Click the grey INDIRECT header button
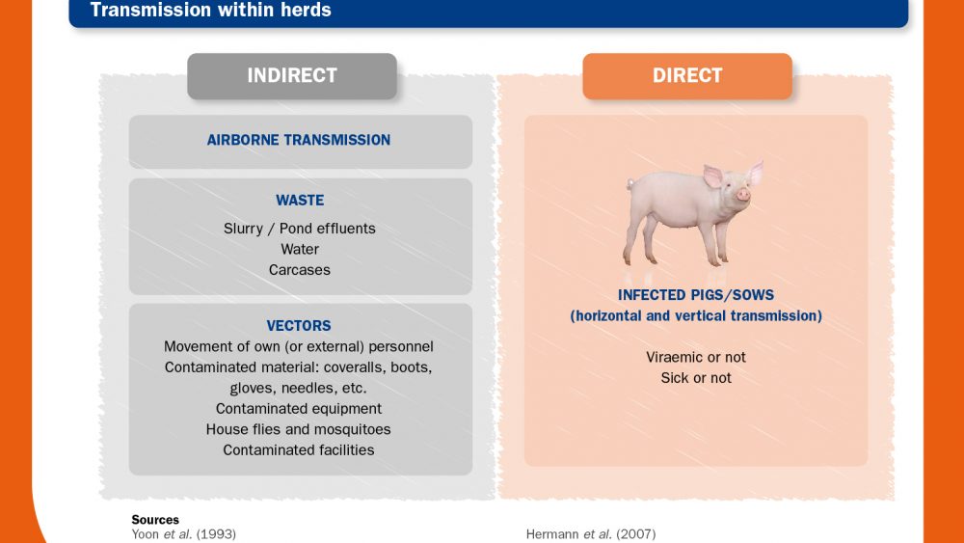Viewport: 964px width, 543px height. [x=292, y=76]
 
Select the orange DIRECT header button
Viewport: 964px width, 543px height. [x=687, y=76]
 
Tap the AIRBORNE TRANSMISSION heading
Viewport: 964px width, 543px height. [x=299, y=140]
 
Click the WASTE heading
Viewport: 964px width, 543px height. [x=300, y=201]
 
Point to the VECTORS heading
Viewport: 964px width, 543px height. [x=299, y=326]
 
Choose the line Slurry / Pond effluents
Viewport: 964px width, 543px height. [x=300, y=229]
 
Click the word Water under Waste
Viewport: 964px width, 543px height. [x=300, y=249]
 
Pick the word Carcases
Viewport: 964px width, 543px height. [x=300, y=270]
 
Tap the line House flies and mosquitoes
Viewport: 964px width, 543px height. [x=298, y=429]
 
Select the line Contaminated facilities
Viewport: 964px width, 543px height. [x=299, y=450]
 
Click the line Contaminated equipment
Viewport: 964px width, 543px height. [x=299, y=409]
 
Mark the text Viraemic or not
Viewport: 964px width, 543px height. [x=696, y=357]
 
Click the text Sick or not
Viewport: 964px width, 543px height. [x=696, y=378]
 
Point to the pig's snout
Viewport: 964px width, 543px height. [x=743, y=195]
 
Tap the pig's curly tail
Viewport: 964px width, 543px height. [x=629, y=183]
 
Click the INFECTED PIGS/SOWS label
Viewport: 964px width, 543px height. [x=696, y=295]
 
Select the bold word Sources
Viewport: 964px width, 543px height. [x=155, y=520]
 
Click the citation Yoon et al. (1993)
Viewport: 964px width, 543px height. [x=184, y=534]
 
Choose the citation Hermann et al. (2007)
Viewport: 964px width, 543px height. [x=591, y=534]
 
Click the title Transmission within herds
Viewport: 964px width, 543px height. [x=211, y=10]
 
